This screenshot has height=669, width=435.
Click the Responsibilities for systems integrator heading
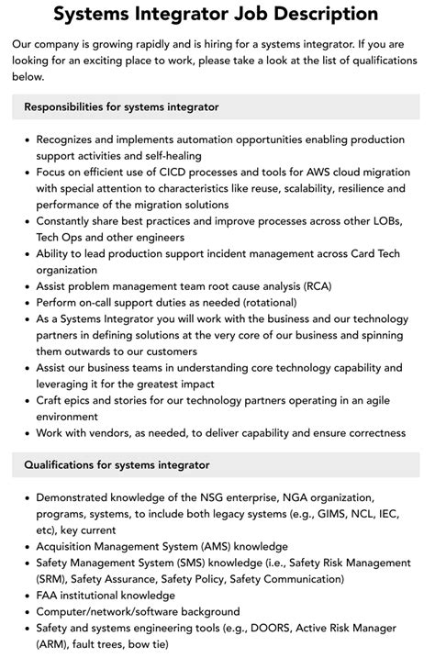(x=121, y=107)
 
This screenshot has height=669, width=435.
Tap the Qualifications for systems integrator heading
(x=117, y=465)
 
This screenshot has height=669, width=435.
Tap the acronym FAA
(x=49, y=596)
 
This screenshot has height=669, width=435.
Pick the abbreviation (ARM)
(x=54, y=644)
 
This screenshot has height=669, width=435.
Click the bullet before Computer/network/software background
(x=24, y=612)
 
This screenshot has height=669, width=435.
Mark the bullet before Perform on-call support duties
(x=24, y=302)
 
